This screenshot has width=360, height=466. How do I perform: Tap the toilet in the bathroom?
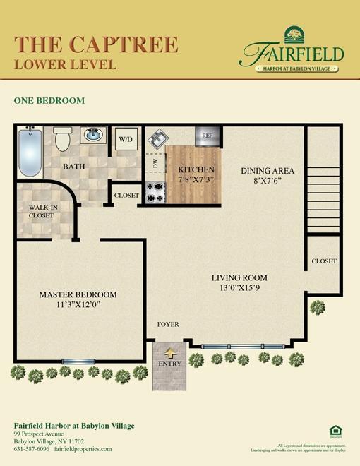[62, 139]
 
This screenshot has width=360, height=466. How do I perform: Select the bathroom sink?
[92, 134]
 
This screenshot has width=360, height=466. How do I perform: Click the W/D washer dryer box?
[126, 139]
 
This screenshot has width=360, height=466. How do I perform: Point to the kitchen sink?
[156, 137]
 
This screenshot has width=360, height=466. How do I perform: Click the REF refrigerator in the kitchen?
[208, 135]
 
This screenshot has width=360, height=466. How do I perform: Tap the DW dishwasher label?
[155, 164]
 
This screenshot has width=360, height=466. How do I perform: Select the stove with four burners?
[155, 192]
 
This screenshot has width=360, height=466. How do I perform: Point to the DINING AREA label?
[268, 171]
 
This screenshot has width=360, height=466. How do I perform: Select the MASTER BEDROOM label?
[78, 294]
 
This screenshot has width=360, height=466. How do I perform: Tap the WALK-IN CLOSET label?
[41, 211]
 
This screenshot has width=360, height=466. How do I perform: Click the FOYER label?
[168, 324]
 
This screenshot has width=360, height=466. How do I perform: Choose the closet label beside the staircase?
[324, 261]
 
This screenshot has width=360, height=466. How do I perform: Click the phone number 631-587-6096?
[31, 448]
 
